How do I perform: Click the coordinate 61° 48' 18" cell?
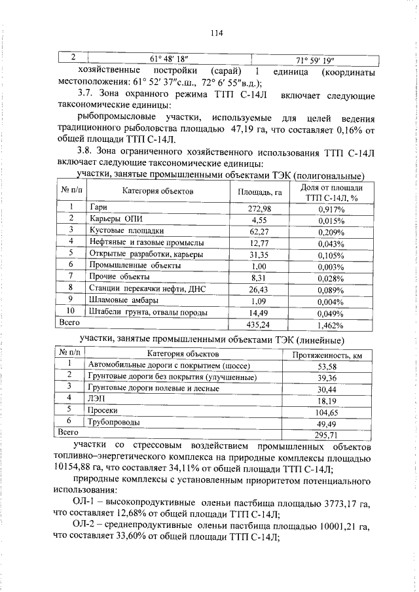click(169, 58)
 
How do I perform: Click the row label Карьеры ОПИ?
click(114, 219)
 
